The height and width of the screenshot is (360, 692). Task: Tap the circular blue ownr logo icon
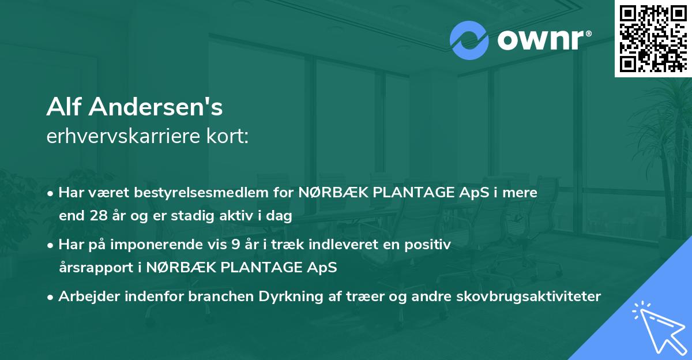pos(469,40)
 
